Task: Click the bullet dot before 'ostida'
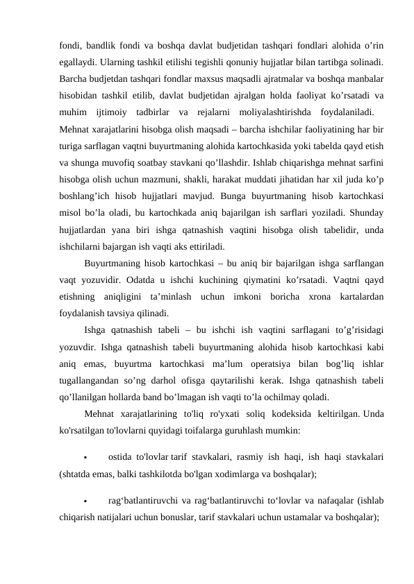[x=84, y=458]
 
